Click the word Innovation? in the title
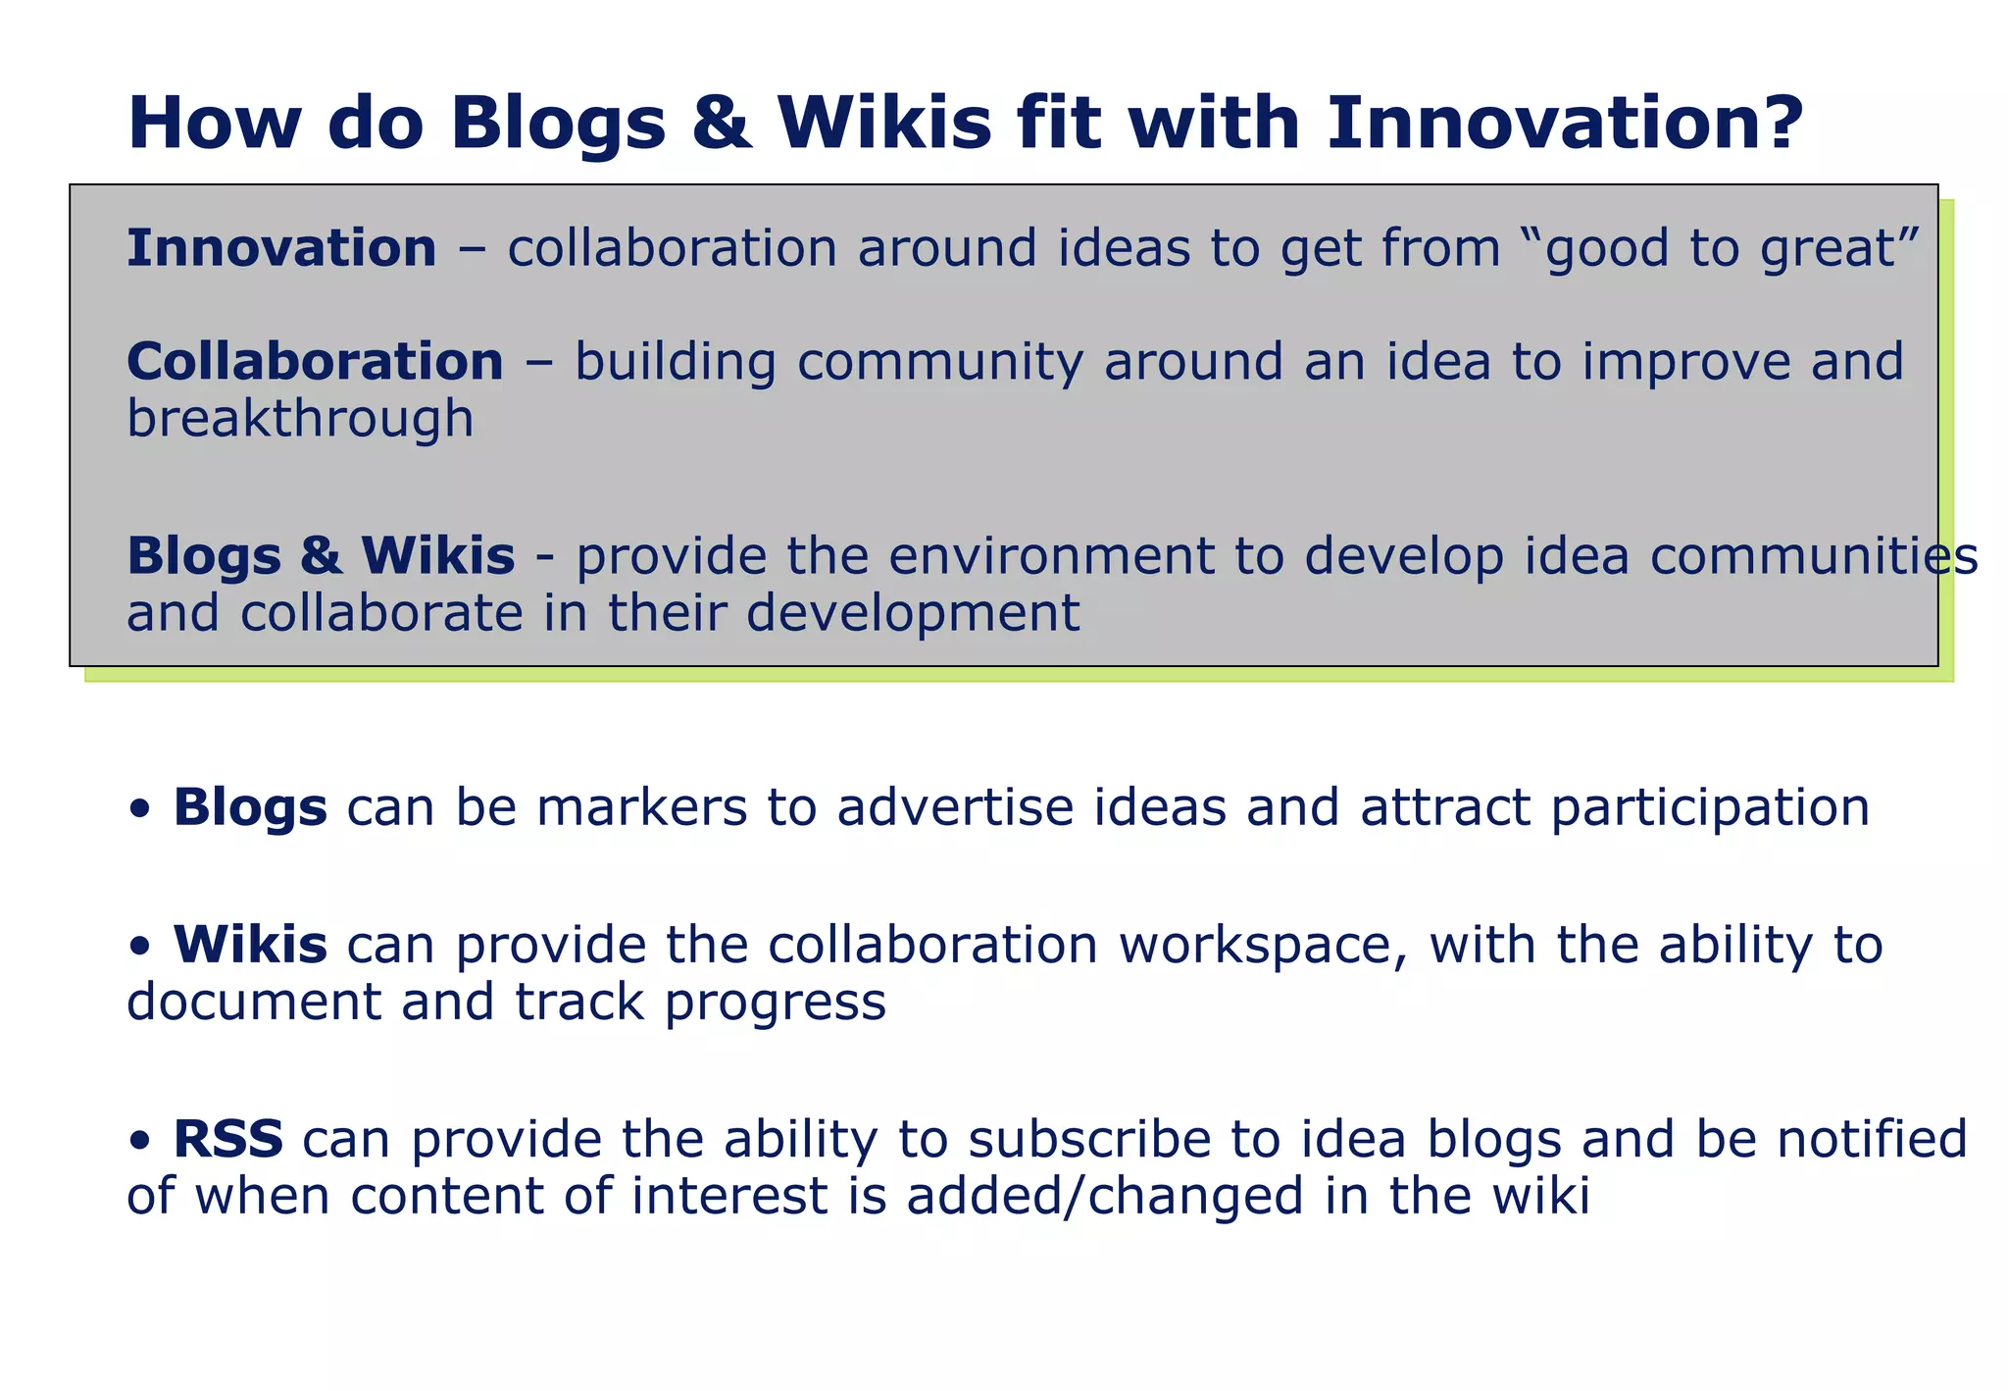click(x=1565, y=124)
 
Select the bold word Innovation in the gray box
click(x=281, y=248)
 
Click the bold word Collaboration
click(x=315, y=362)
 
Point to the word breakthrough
click(x=300, y=420)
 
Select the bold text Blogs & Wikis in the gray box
click(x=321, y=556)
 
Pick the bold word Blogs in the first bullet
click(x=250, y=808)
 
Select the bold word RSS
click(x=227, y=1140)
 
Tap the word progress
click(x=776, y=1004)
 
